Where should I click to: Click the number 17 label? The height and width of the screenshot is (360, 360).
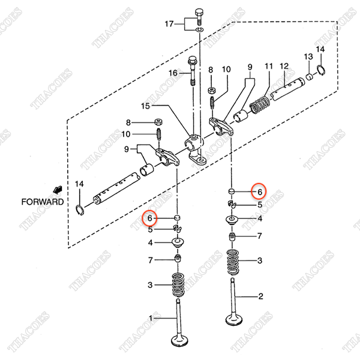[170, 24]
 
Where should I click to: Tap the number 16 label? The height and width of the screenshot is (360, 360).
[173, 73]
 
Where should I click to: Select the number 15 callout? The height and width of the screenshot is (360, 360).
[146, 107]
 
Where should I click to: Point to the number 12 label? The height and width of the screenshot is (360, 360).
[284, 66]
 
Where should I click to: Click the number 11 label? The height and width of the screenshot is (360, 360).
[269, 66]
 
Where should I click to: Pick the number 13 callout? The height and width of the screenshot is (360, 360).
[308, 56]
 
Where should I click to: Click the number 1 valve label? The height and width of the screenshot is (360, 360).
[151, 317]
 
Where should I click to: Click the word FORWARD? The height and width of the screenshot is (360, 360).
[43, 202]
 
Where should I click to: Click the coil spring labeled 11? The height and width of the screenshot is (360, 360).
[260, 104]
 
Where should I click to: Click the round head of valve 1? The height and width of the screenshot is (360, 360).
[179, 343]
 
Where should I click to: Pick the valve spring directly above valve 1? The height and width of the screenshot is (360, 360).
[178, 284]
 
